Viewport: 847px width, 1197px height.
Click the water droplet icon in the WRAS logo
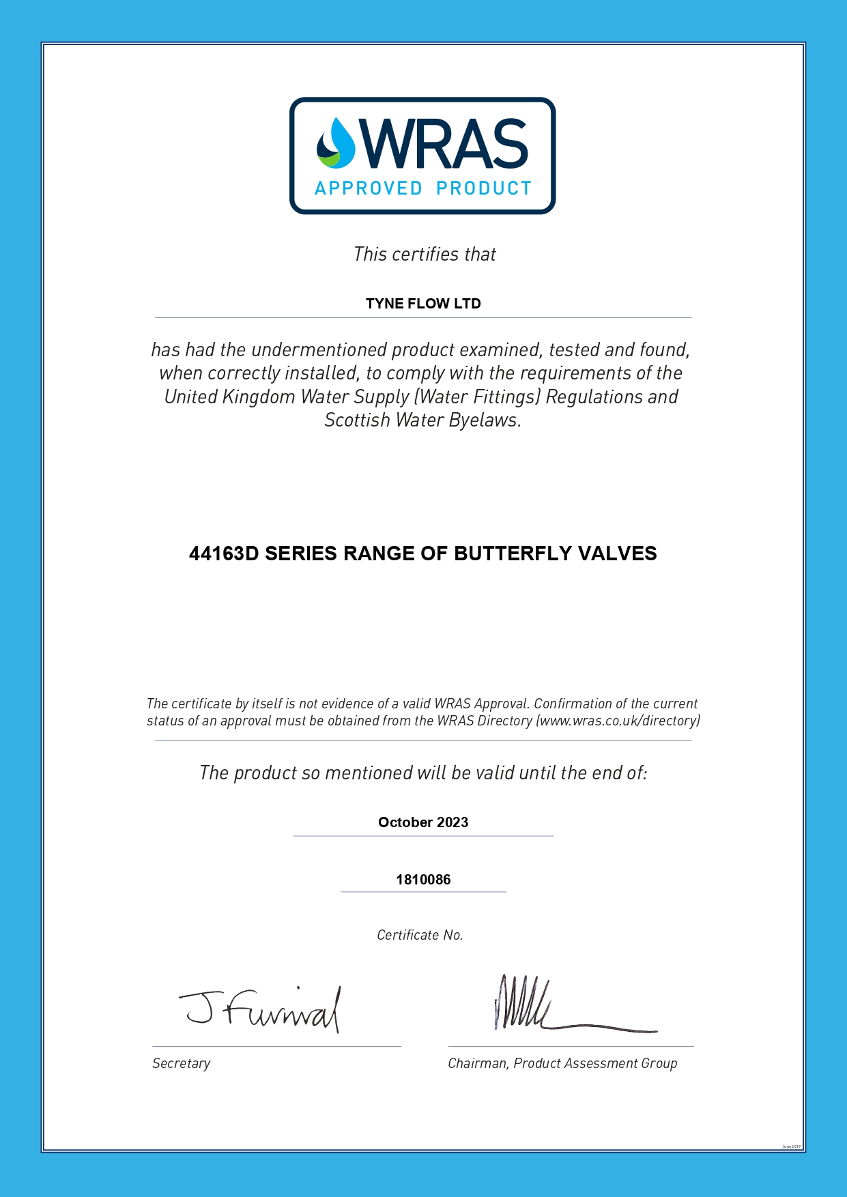tap(336, 143)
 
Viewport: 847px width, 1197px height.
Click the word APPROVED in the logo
tap(369, 188)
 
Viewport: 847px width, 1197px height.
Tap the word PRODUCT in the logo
tap(484, 188)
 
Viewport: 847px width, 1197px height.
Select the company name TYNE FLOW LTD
tap(423, 304)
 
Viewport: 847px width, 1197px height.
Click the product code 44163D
tap(224, 553)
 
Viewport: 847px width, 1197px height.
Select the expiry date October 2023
tap(423, 822)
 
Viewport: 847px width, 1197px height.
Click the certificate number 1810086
tap(423, 880)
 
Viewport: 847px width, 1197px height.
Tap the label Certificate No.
tap(420, 935)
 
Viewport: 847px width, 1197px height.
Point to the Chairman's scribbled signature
tap(546, 1007)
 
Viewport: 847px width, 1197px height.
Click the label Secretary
tap(182, 1063)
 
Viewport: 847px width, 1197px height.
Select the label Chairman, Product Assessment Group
tap(562, 1063)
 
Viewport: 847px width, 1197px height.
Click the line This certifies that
tap(425, 255)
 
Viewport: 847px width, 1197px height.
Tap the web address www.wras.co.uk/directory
tap(618, 721)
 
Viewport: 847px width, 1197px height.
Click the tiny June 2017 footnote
tap(792, 1146)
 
